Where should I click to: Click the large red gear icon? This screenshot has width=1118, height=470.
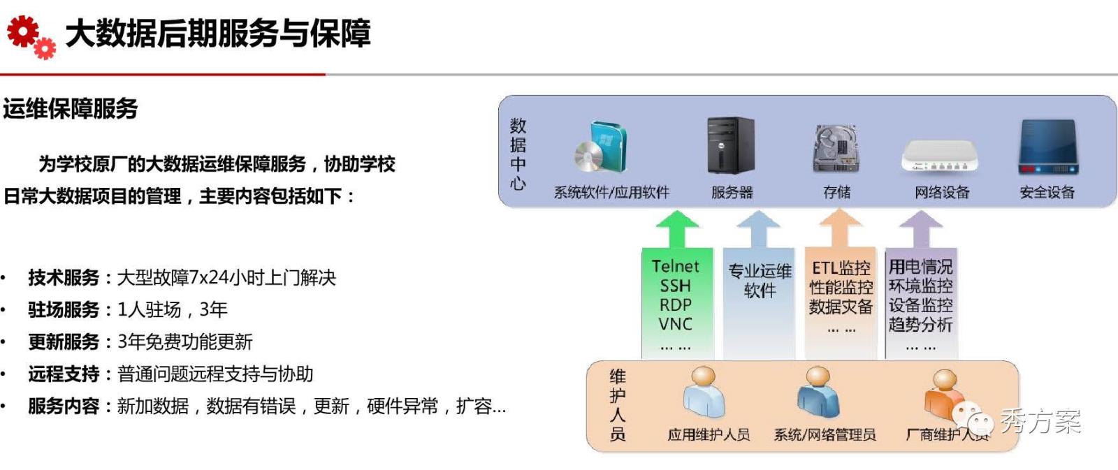(x=22, y=31)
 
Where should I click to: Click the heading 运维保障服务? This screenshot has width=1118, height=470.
(x=71, y=109)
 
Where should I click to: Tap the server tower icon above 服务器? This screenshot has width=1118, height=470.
(x=730, y=145)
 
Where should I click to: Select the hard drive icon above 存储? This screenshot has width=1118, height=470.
(x=836, y=147)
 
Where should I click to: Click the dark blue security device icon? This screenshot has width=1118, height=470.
(x=1048, y=147)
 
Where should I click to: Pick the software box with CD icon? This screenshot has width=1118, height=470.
(x=602, y=147)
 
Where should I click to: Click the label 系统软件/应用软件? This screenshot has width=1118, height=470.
(x=611, y=192)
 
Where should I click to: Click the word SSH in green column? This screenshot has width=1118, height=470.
(x=675, y=286)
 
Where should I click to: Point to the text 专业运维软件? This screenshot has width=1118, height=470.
(x=760, y=281)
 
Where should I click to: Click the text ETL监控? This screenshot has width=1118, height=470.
(x=841, y=267)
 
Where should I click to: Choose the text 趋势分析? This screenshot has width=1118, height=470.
(x=920, y=325)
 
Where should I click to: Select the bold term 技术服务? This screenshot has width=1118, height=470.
(x=64, y=278)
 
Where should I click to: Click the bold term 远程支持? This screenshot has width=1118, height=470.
(x=64, y=374)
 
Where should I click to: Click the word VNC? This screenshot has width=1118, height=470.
(x=675, y=324)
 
